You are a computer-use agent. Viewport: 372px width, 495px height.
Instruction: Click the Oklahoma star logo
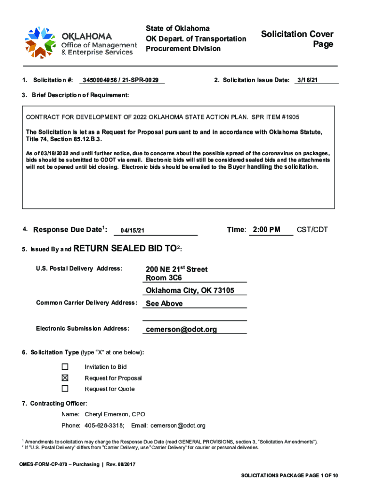42,42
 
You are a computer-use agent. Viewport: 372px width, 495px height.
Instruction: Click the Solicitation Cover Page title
297,39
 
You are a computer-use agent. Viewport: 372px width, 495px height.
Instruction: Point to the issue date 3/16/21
307,80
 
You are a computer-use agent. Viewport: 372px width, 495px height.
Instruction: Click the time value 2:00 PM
266,230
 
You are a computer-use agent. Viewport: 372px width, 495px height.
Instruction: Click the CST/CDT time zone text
312,230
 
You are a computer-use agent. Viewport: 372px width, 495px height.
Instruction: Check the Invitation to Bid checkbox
65,367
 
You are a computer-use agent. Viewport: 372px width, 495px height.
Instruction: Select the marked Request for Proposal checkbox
65,378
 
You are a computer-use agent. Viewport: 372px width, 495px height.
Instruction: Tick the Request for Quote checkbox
65,389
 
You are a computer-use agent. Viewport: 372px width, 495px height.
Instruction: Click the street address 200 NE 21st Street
176,269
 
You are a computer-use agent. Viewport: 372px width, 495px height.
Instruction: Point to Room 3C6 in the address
164,278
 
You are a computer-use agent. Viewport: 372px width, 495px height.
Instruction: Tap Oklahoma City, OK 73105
190,291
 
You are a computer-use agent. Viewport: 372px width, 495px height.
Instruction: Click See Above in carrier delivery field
164,304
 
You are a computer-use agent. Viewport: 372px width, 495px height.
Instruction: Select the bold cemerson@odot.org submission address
181,330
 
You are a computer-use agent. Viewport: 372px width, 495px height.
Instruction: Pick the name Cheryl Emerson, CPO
114,414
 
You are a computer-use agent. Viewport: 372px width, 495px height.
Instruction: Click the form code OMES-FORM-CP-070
45,465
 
